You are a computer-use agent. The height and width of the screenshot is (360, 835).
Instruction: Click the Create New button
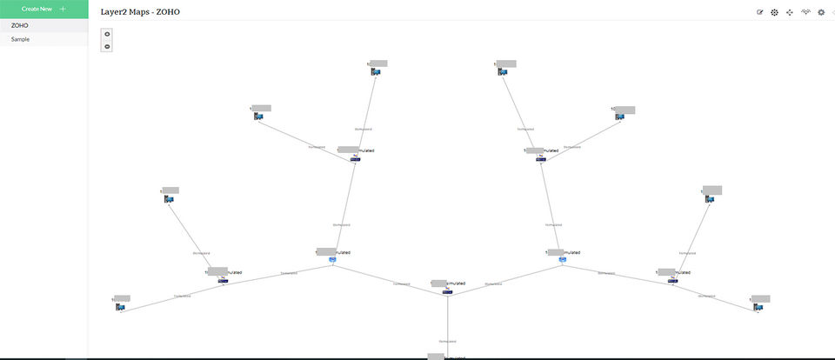click(43, 9)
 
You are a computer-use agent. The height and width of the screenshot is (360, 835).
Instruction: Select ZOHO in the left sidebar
click(20, 25)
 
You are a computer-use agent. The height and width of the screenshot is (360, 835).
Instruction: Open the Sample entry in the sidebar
click(20, 39)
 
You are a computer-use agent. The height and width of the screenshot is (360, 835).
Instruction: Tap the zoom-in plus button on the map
click(107, 34)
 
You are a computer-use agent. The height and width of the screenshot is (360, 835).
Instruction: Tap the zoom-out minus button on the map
click(107, 46)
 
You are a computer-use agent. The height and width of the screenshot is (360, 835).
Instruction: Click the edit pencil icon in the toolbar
click(760, 12)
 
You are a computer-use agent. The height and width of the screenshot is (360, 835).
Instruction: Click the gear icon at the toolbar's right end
click(820, 12)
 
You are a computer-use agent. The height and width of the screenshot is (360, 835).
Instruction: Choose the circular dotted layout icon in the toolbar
click(774, 12)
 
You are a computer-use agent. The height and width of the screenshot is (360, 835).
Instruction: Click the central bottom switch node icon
click(447, 291)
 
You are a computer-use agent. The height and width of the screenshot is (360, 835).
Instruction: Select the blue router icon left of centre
click(332, 259)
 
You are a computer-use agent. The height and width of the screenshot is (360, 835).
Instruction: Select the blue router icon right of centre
click(562, 259)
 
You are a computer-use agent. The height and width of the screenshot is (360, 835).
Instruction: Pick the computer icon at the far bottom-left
click(120, 307)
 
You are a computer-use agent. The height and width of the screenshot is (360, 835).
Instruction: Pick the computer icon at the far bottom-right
click(758, 307)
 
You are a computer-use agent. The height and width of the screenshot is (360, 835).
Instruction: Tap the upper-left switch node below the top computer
click(355, 158)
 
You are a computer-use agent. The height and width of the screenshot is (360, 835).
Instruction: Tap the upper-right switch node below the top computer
click(540, 158)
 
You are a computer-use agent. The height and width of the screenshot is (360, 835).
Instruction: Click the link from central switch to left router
click(390, 277)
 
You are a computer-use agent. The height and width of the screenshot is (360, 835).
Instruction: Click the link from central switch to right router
click(504, 277)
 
